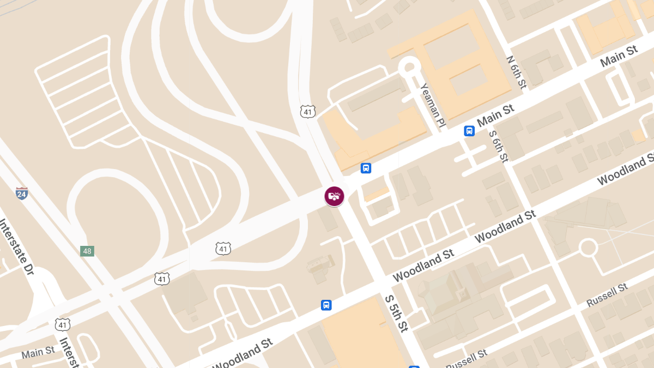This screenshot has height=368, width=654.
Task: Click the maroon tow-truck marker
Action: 334,196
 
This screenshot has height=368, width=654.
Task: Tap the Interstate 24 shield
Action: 22,193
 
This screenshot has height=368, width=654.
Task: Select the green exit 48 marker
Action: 87,251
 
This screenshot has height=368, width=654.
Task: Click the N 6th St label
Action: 516,72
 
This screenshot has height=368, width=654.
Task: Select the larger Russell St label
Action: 607,295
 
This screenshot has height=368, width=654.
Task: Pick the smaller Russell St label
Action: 467,357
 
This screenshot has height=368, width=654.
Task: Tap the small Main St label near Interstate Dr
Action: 38,353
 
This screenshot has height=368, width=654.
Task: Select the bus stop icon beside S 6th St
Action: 469,131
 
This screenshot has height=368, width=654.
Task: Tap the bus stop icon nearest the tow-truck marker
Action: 366,168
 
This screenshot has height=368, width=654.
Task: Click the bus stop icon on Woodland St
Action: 326,305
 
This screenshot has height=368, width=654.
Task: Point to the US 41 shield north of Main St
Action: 307,112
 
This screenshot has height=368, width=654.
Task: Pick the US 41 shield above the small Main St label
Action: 63,324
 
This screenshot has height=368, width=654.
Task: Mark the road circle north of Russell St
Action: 588,248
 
